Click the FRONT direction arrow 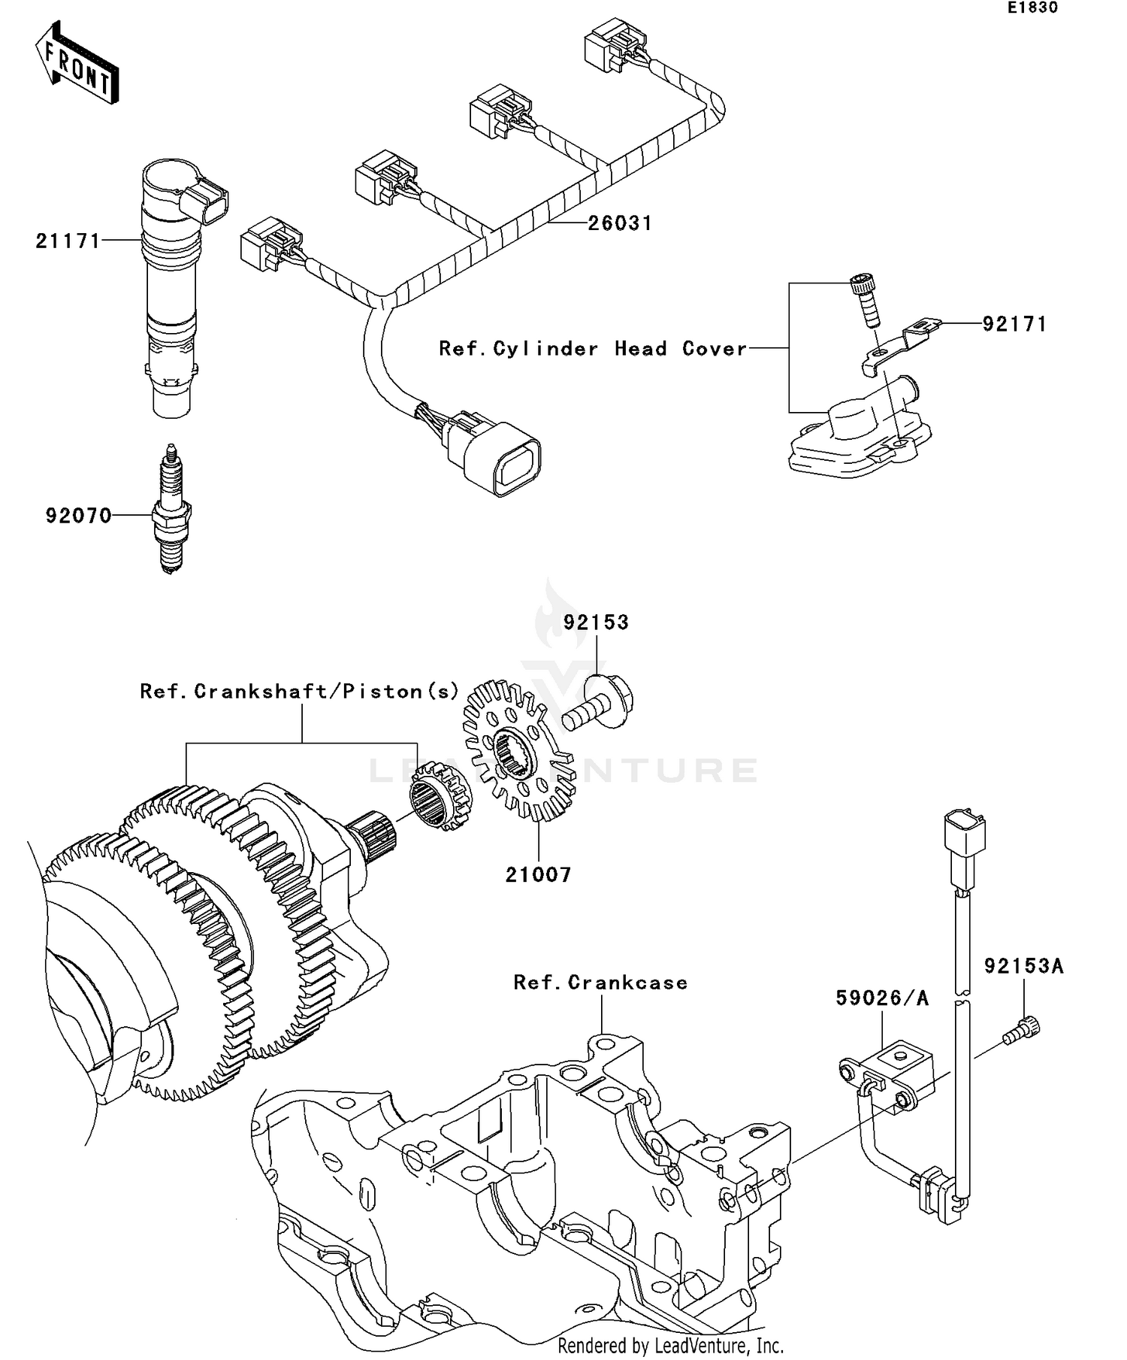coord(77,64)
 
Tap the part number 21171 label coord(68,241)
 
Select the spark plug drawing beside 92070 coord(172,511)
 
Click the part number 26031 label coord(619,223)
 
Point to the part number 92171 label coord(1014,323)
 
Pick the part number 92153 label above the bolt coord(596,622)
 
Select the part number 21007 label coord(538,874)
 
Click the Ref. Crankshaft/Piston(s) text coord(299,691)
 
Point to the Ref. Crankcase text coord(600,983)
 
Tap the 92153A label coord(1023,965)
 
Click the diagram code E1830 coord(1032,8)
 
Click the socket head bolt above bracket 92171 coord(866,300)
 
